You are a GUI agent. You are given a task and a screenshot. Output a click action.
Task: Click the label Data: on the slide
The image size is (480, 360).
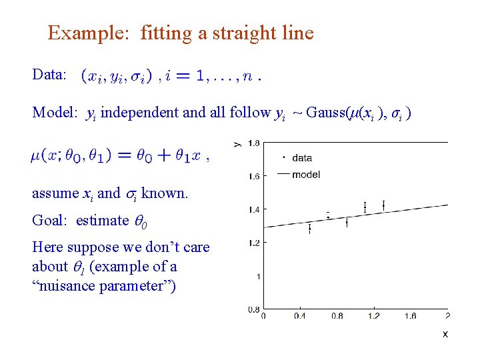pos(49,75)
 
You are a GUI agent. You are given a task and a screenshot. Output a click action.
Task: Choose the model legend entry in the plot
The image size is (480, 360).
pos(305,175)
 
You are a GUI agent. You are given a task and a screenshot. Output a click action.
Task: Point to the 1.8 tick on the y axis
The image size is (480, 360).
pos(254,143)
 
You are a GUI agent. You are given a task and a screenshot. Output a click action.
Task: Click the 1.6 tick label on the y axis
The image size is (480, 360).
pos(254,177)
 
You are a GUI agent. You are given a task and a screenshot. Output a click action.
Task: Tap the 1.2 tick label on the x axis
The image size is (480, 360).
pos(373,316)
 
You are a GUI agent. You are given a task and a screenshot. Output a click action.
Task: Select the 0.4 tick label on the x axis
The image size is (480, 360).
pos(300,316)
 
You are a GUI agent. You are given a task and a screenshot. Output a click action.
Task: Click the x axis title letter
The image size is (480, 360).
pos(445,333)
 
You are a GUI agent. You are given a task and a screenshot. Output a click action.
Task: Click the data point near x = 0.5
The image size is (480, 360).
pos(310,229)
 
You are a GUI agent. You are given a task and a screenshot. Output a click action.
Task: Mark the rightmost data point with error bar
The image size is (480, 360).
pos(383,205)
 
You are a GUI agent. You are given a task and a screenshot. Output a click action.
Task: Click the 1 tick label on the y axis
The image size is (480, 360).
pos(257,276)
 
